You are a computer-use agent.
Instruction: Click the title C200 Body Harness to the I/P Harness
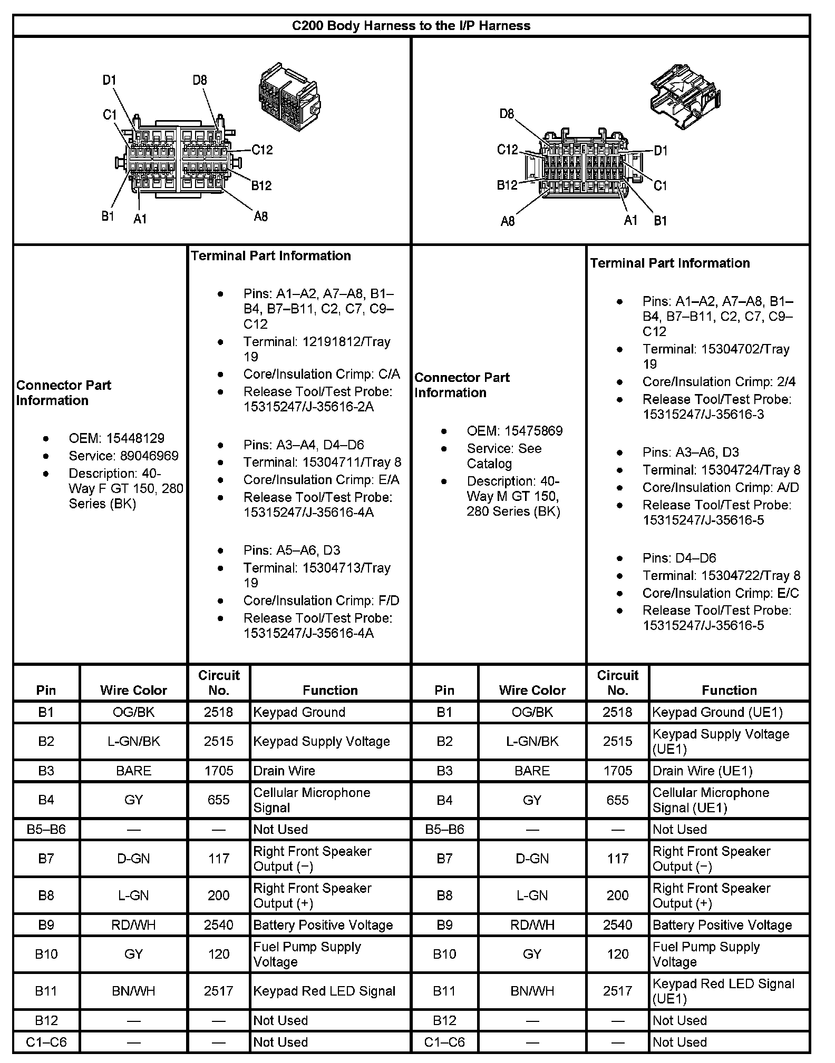(411, 26)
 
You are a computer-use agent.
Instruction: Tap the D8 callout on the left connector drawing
(200, 81)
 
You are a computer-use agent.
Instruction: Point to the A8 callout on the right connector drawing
(507, 221)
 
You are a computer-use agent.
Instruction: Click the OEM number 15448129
(135, 438)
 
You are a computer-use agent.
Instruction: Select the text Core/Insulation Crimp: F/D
(321, 601)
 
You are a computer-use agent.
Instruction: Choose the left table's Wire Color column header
(133, 690)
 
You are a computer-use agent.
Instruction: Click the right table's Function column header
(729, 690)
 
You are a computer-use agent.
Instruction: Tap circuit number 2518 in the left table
(218, 712)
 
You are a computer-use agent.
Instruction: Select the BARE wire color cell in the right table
(532, 771)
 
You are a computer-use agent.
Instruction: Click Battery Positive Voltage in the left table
(323, 925)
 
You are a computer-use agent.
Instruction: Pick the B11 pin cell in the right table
(444, 991)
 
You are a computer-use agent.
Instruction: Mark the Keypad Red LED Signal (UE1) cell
(723, 991)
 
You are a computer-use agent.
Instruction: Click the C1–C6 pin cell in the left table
(46, 1042)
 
